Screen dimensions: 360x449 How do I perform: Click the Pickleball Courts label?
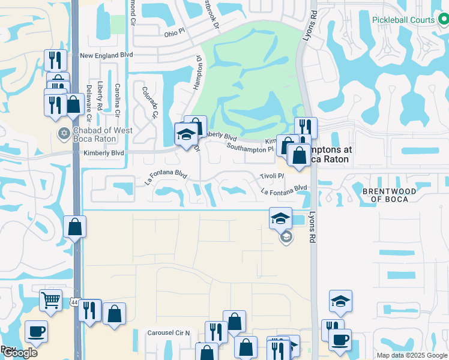[403, 20]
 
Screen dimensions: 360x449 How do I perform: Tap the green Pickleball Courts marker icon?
[443, 20]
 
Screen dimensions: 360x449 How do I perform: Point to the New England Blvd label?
[106, 56]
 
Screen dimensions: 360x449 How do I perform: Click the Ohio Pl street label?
[175, 34]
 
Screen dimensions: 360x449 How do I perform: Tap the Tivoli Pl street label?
[271, 176]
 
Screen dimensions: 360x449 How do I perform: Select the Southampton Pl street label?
[250, 148]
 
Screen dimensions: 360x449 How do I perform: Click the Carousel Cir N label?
[169, 332]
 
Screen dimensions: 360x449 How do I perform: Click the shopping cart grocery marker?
[50, 299]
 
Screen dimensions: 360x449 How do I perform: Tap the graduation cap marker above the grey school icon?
[280, 218]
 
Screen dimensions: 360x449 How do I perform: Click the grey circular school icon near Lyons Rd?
[286, 238]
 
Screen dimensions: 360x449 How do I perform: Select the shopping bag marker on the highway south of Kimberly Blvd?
[74, 227]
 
